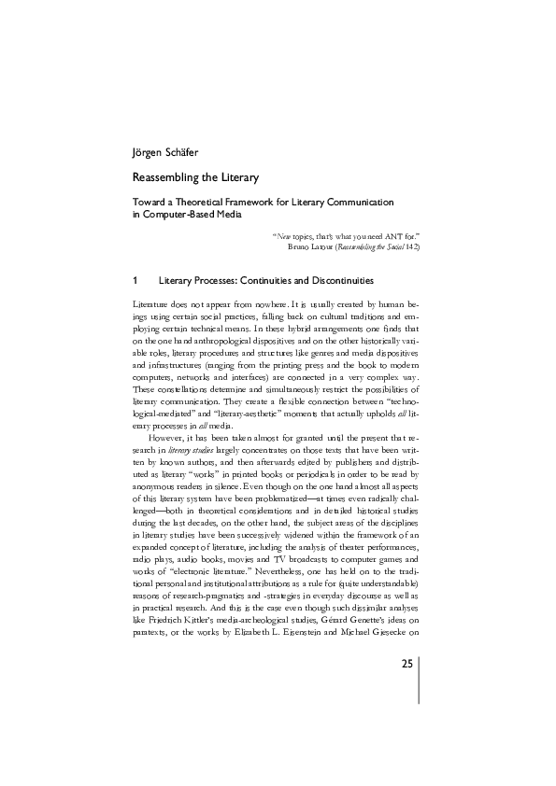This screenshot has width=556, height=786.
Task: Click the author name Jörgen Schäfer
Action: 164,151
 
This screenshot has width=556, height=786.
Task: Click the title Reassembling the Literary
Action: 195,176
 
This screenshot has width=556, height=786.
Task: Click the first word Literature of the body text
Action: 154,305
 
